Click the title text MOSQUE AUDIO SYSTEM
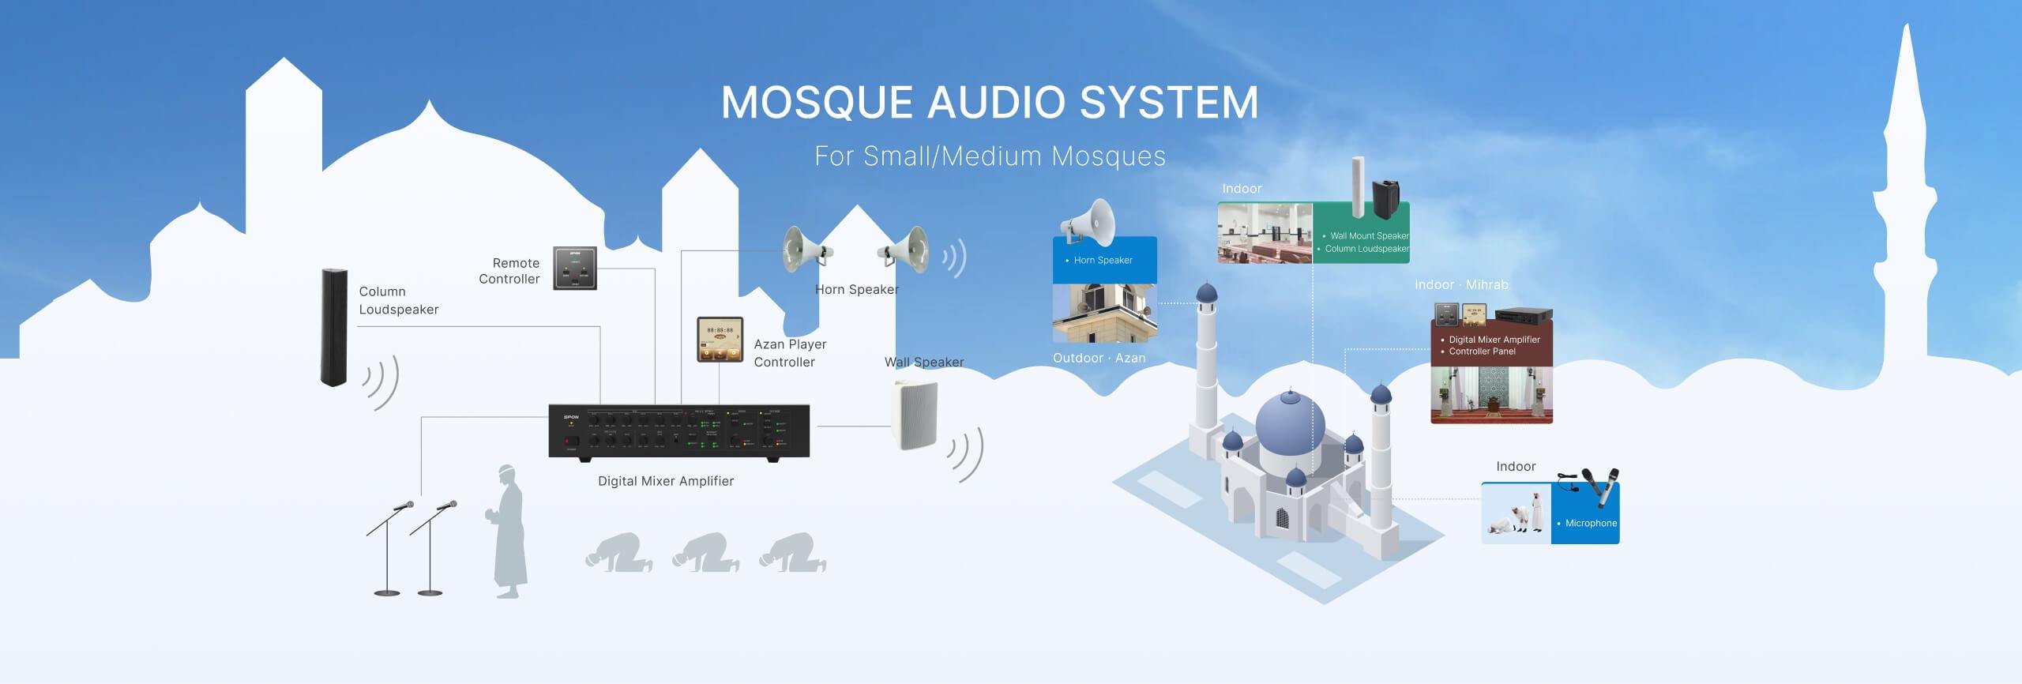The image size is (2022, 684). click(x=989, y=103)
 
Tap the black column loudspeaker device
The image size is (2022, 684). click(x=333, y=327)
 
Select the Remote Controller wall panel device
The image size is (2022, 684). click(x=574, y=269)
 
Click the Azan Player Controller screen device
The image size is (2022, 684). click(x=720, y=340)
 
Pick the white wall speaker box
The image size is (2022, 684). click(x=915, y=414)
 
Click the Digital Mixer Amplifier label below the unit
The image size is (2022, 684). click(x=665, y=481)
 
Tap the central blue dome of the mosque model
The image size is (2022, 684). click(x=1290, y=423)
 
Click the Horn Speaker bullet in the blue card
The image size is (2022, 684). click(x=1103, y=260)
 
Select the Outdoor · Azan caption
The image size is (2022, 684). click(x=1099, y=358)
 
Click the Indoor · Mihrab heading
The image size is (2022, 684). click(x=1461, y=284)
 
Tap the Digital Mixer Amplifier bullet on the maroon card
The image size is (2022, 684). click(x=1494, y=340)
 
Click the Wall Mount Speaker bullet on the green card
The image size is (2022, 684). click(x=1369, y=235)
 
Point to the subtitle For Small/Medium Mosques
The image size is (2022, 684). click(x=990, y=156)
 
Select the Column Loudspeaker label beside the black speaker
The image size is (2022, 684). click(x=398, y=300)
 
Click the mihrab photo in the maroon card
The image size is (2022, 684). click(x=1491, y=394)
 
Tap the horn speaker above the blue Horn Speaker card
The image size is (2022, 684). click(x=1090, y=224)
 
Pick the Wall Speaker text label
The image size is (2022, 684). click(x=924, y=362)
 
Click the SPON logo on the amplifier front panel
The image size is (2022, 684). click(x=571, y=417)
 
